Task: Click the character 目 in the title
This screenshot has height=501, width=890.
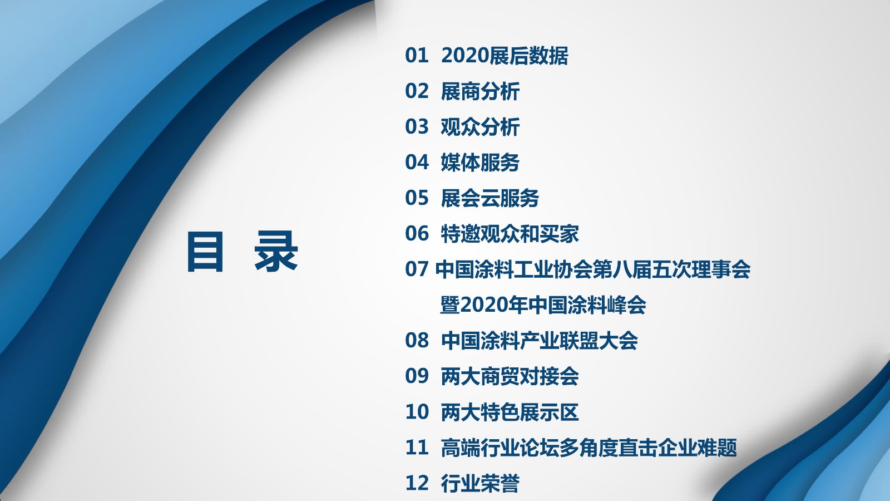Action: click(205, 252)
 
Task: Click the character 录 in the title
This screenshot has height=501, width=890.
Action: click(276, 252)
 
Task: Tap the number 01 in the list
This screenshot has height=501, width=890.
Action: click(417, 56)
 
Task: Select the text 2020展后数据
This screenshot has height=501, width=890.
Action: click(505, 56)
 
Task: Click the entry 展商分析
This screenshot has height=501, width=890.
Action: click(480, 91)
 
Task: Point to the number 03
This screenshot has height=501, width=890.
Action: click(417, 127)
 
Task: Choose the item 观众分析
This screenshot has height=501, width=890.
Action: click(480, 127)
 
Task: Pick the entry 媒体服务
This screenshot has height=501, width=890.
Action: click(480, 163)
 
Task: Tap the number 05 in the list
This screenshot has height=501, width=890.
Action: click(417, 198)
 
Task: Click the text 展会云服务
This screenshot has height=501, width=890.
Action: click(490, 198)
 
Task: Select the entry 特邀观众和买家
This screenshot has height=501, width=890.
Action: click(510, 234)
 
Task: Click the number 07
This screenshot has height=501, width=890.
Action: click(417, 269)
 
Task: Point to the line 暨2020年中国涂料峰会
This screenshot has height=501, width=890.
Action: click(543, 305)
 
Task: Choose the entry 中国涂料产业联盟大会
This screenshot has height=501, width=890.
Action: click(539, 341)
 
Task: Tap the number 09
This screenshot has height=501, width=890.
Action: click(417, 376)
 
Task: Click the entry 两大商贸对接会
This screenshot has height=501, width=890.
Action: click(510, 376)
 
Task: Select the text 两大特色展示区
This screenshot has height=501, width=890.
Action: click(510, 412)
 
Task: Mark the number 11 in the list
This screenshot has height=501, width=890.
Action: click(417, 448)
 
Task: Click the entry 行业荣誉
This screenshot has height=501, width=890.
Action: click(480, 483)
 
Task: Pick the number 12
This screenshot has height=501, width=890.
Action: click(417, 483)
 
